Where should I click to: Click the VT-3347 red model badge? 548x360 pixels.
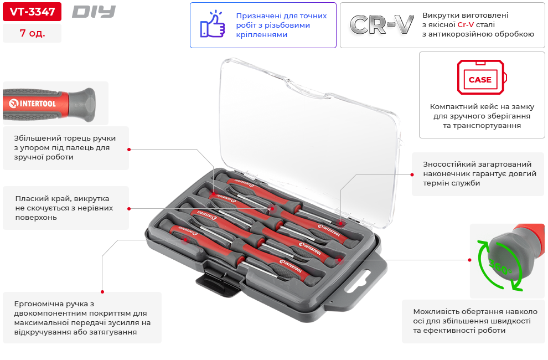click(32, 11)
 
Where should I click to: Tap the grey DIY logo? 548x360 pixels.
click(94, 11)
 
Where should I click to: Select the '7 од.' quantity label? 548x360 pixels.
click(32, 33)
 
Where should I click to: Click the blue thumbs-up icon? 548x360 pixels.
click(212, 25)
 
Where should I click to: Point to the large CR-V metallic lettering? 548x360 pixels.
click(382, 25)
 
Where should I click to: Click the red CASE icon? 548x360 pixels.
click(480, 78)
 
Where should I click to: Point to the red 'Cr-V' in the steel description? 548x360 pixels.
click(466, 25)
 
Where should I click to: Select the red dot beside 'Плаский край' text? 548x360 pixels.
click(129, 208)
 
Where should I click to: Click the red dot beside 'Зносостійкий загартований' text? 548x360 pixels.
click(412, 174)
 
